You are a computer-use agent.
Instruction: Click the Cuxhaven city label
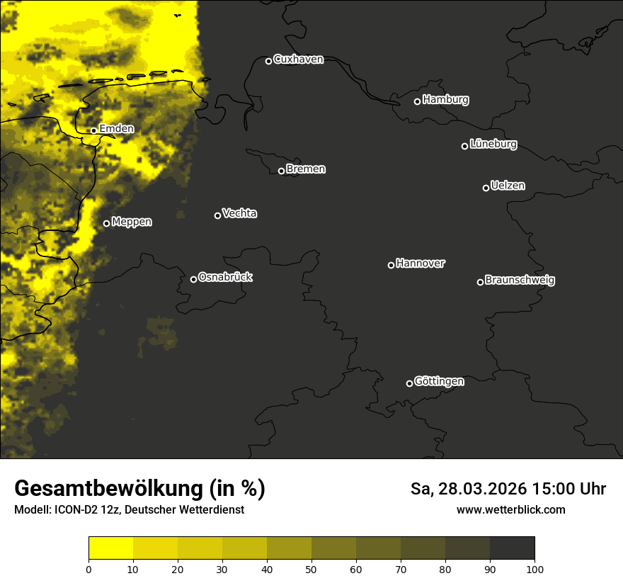point(298,60)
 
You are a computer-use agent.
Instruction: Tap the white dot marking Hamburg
point(418,101)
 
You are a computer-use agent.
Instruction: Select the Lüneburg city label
point(493,145)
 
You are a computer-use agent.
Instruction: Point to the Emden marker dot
point(93,130)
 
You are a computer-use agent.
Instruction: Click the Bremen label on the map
point(306,169)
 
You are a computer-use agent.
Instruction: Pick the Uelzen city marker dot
point(486,188)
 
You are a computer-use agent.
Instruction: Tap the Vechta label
point(239,213)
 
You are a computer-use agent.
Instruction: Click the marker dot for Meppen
point(106,223)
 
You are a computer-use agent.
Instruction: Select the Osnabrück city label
point(225,277)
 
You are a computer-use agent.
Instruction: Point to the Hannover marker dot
point(391,265)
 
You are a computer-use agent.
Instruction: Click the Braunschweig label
point(520,281)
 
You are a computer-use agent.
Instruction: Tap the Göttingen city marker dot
point(409,383)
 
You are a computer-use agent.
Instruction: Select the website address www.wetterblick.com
point(510,509)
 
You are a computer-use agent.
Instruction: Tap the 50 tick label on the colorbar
point(311,569)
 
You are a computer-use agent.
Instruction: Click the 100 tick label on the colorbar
point(535,569)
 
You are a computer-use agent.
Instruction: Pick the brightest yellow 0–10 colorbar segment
point(110,548)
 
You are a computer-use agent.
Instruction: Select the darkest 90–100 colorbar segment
point(512,548)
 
